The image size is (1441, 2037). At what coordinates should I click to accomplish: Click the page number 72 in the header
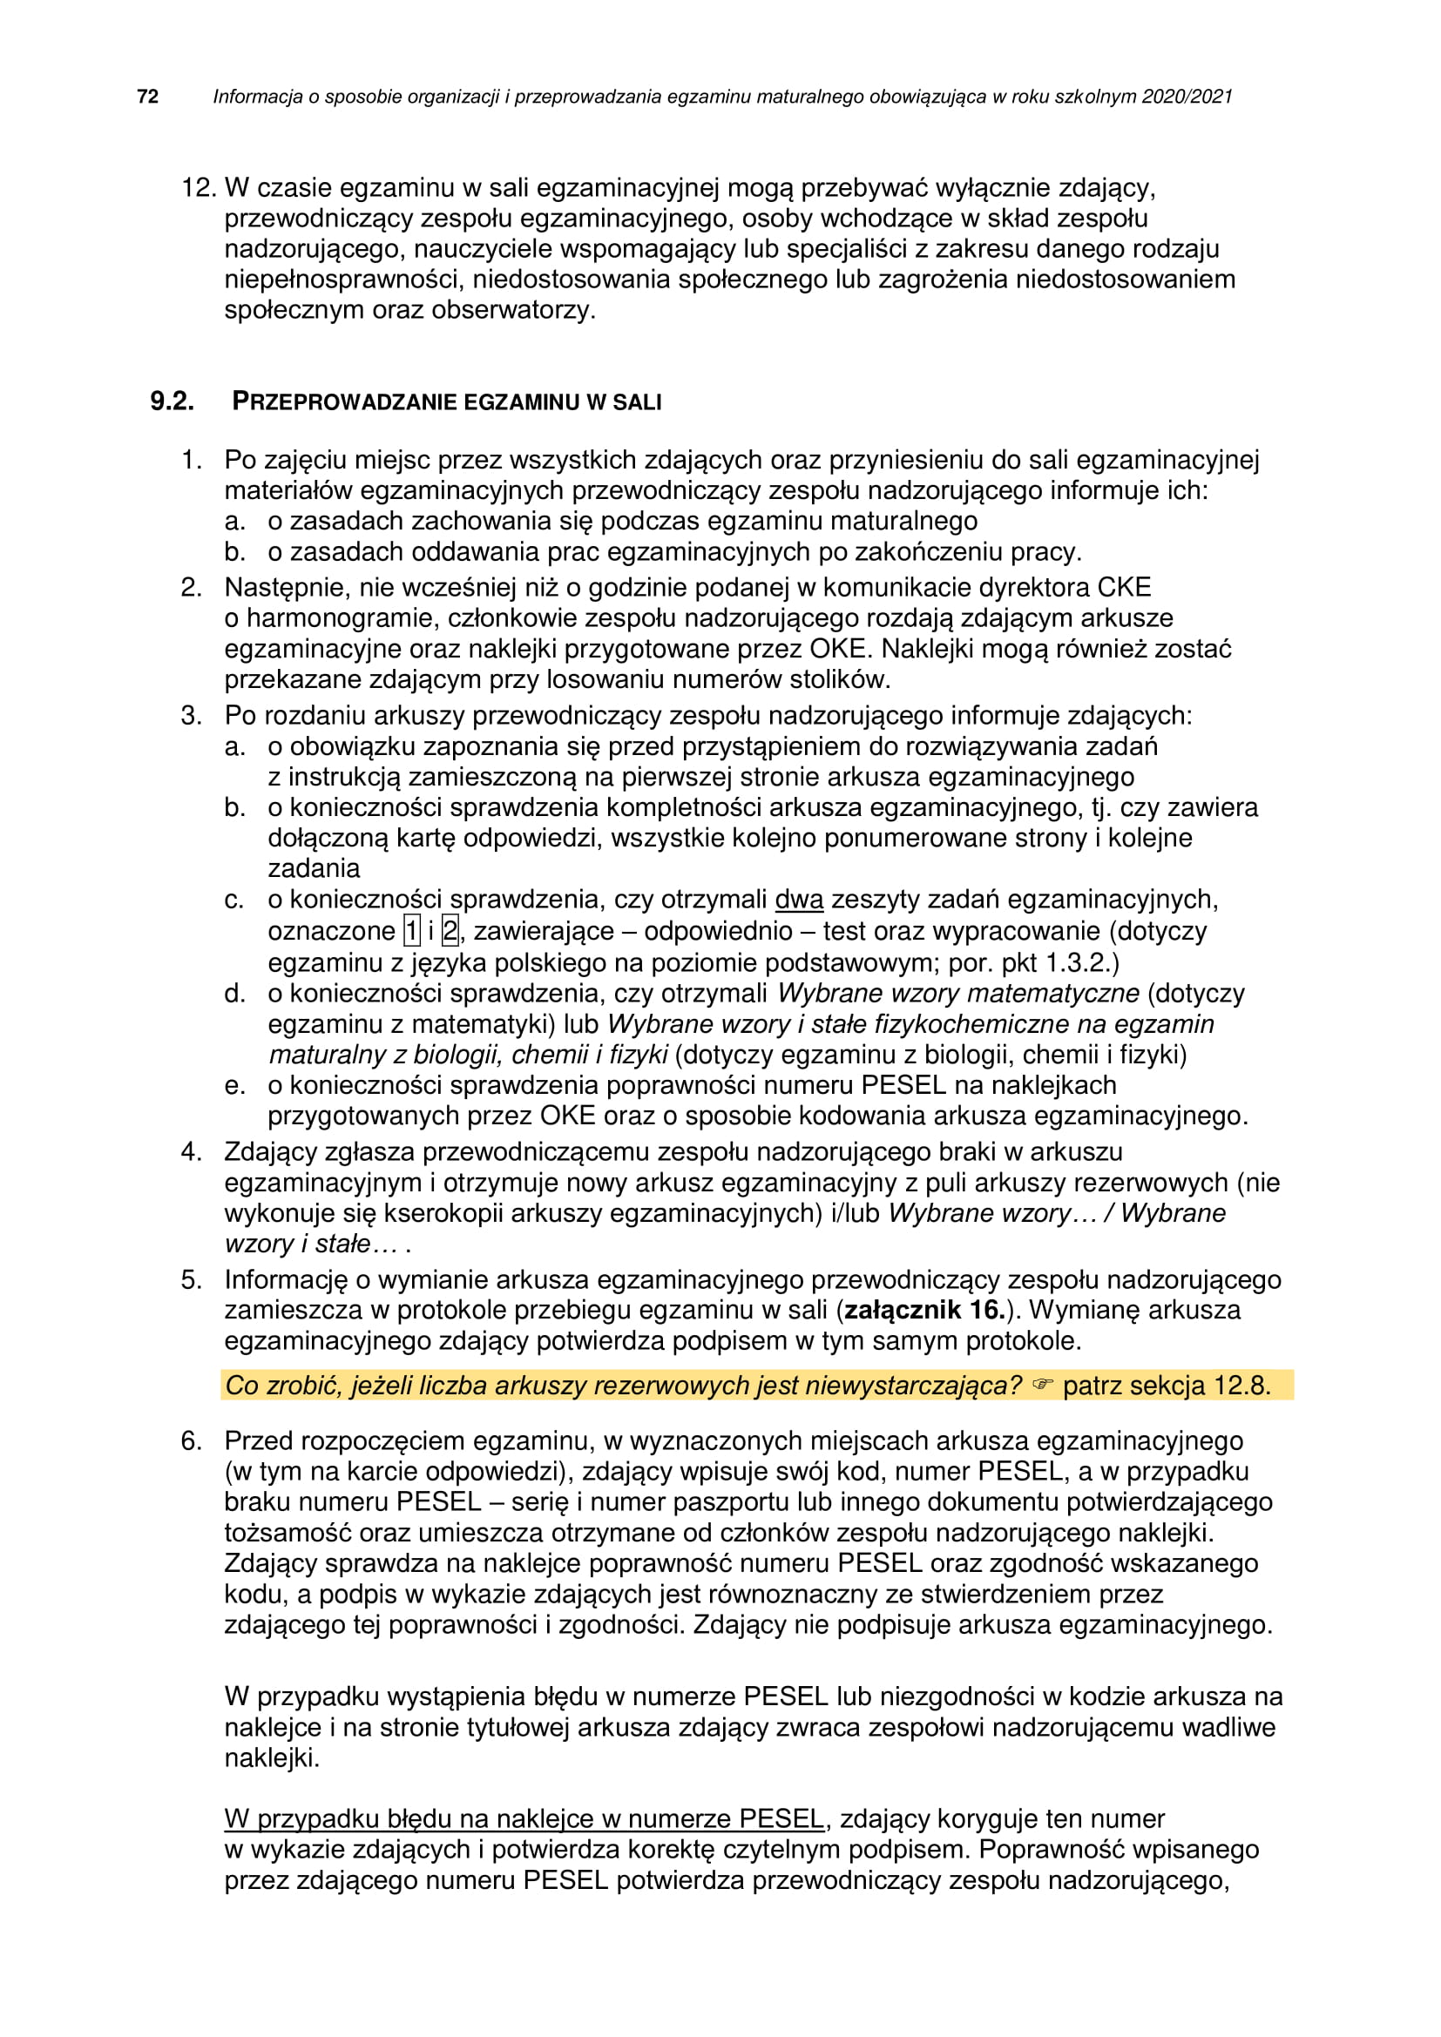(x=148, y=97)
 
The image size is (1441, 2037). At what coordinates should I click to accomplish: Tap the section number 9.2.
(x=172, y=401)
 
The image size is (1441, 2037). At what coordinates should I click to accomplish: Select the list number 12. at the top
(x=199, y=188)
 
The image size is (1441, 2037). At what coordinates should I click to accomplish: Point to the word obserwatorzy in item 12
(x=512, y=311)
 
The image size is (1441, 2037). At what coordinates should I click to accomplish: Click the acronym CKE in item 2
(x=1124, y=587)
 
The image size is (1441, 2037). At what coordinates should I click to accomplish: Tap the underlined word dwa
(x=799, y=900)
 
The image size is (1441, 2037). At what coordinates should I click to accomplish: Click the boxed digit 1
(x=412, y=931)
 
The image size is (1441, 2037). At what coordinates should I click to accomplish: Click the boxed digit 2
(x=450, y=931)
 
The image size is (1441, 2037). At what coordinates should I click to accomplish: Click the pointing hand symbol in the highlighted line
(x=1042, y=1385)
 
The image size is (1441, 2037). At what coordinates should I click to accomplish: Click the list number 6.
(x=191, y=1440)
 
